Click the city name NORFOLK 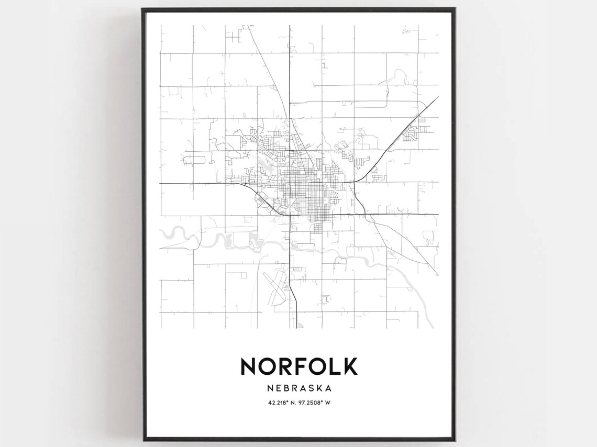pos(298,366)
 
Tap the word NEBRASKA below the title pos(298,388)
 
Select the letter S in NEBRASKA pos(311,388)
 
